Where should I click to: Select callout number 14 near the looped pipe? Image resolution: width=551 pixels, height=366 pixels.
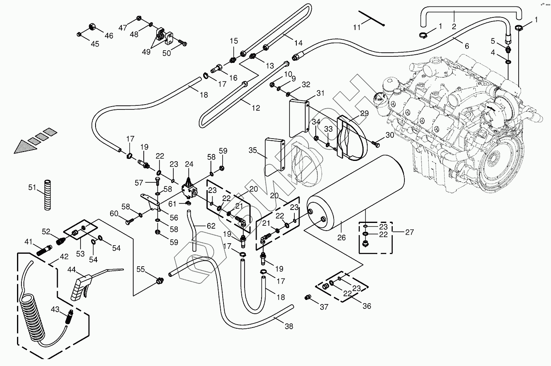click(298, 43)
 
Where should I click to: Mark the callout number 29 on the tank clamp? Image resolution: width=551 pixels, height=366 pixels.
click(364, 113)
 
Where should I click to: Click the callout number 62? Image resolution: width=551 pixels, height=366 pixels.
click(211, 226)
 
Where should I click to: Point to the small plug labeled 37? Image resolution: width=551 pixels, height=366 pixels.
click(307, 298)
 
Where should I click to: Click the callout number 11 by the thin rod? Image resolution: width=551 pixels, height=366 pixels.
click(357, 28)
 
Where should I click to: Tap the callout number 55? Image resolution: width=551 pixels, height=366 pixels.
click(140, 269)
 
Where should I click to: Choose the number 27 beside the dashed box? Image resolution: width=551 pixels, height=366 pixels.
click(409, 232)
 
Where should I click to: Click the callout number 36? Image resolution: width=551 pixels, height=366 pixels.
click(366, 306)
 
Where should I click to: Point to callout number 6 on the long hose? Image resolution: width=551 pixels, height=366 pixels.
click(467, 46)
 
